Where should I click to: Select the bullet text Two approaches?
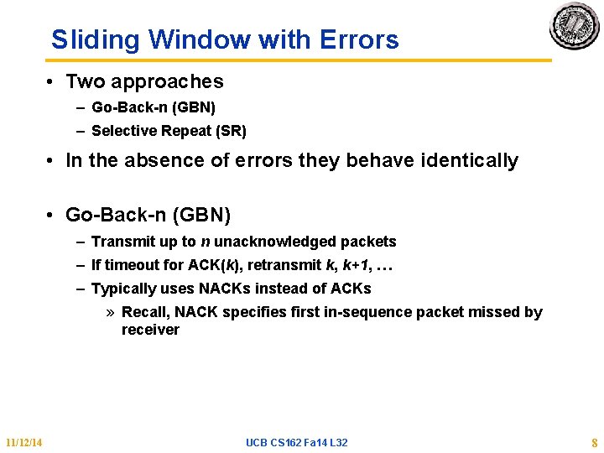pos(144,81)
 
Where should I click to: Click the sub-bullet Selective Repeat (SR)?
pos(169,131)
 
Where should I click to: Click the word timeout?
pos(132,265)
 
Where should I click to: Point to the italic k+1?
pos(352,265)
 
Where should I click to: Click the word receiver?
pos(150,330)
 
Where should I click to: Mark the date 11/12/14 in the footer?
pos(24,442)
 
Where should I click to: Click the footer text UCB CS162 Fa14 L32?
pos(296,442)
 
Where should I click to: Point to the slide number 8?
pos(594,442)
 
